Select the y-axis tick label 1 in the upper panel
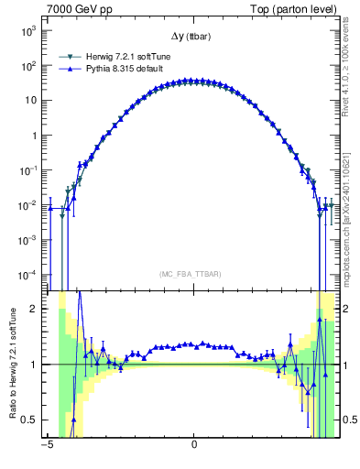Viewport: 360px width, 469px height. (33, 135)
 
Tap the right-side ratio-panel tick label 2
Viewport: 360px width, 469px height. (348, 310)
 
